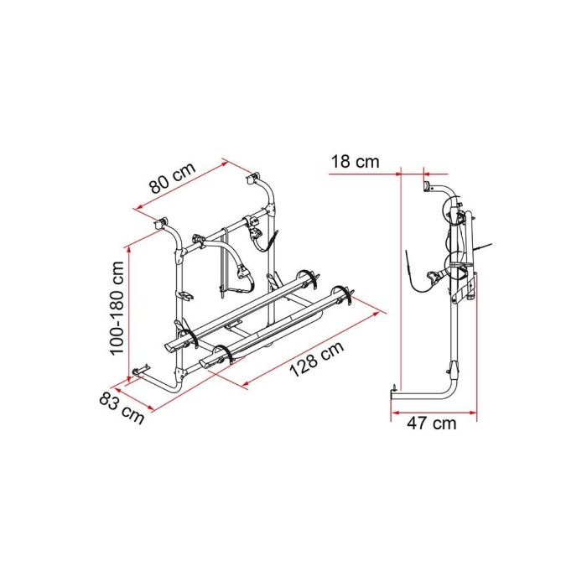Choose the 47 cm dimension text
[x=434, y=423]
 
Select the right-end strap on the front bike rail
[x=342, y=296]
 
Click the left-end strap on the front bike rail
[x=221, y=354]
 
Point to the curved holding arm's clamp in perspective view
[x=243, y=272]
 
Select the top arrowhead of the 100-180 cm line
[x=128, y=246]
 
